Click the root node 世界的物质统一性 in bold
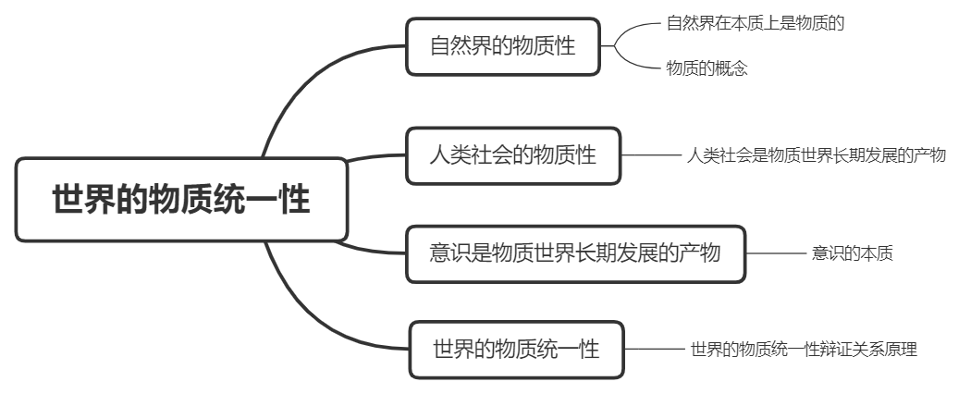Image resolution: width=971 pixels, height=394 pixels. [x=181, y=200]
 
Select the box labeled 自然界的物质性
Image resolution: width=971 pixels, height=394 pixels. [x=503, y=45]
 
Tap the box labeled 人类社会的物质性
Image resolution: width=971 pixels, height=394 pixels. [x=514, y=155]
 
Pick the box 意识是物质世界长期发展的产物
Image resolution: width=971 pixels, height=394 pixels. [x=575, y=252]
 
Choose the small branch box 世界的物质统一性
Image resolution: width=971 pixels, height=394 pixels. [x=516, y=350]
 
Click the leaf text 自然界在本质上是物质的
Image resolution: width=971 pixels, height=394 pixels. [x=756, y=23]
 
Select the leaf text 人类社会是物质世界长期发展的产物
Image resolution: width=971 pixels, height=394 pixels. [x=817, y=155]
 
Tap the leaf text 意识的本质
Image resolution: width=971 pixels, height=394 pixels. [x=852, y=252]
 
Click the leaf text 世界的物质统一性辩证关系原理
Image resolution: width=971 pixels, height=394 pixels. [x=803, y=350]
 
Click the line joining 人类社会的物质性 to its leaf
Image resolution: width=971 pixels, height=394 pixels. [x=651, y=155]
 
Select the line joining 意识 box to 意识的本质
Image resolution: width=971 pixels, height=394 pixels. [x=776, y=252]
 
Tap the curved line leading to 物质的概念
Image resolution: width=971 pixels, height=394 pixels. [x=633, y=60]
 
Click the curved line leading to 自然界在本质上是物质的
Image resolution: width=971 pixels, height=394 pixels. [x=633, y=30]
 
